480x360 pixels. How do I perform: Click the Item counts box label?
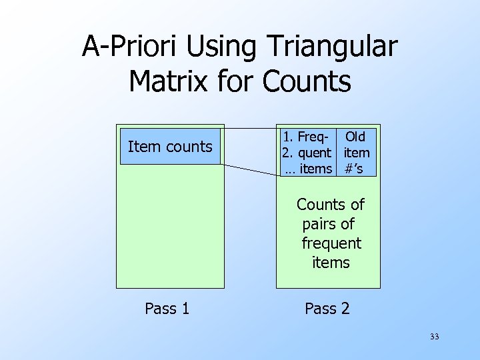tap(170, 147)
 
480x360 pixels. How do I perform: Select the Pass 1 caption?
tap(167, 309)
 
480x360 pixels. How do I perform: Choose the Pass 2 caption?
tap(327, 309)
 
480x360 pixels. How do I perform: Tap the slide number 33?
tap(435, 337)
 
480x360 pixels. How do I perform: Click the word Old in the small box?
tap(355, 137)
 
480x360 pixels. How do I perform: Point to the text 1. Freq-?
tap(305, 137)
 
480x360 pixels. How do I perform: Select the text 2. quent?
tap(307, 153)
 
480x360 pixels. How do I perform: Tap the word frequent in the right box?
tap(331, 243)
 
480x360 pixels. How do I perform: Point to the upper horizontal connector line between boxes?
tap(250, 127)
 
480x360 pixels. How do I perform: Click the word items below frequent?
tap(331, 262)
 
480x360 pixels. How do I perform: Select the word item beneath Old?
tap(357, 153)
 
